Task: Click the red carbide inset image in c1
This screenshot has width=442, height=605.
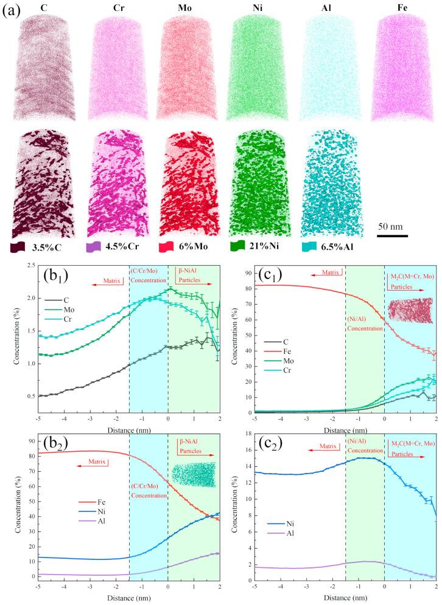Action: (410, 309)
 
